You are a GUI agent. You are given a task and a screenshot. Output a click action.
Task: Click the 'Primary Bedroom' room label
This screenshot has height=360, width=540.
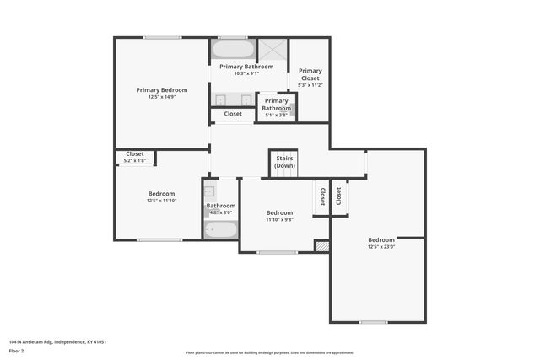pos(162,89)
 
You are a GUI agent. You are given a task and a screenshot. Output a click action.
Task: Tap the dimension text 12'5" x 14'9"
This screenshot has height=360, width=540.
pos(162,97)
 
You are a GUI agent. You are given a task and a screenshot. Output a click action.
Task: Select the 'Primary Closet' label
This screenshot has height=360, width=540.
pos(310,74)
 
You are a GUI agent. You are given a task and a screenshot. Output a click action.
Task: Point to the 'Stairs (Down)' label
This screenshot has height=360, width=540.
pos(284,162)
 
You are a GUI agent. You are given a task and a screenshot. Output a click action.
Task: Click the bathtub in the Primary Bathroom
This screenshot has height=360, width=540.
pos(232,49)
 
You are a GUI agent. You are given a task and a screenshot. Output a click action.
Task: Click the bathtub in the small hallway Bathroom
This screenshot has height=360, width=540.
pos(221,229)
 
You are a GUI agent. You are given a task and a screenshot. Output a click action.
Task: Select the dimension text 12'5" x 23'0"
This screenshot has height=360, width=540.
pos(381,247)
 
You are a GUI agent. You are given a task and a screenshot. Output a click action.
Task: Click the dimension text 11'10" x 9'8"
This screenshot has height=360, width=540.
pos(279,220)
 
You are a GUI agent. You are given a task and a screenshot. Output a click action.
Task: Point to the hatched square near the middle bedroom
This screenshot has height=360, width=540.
pos(321,246)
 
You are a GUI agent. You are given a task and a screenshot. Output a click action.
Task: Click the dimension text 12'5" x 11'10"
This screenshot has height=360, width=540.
pos(162,201)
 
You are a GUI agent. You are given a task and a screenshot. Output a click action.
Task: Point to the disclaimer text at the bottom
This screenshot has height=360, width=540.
pos(270,352)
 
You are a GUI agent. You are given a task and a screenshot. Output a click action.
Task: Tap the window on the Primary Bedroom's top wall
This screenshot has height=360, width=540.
pos(161,37)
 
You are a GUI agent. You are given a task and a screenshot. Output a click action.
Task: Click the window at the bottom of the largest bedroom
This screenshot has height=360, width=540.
pos(373,322)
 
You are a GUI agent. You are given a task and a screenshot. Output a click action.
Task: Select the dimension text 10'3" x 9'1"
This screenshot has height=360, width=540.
pos(246,73)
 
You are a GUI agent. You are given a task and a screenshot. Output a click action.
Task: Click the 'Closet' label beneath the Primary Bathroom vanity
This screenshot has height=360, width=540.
pos(233,114)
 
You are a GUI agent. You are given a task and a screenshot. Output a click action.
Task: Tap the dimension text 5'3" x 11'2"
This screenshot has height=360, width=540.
pos(310,85)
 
